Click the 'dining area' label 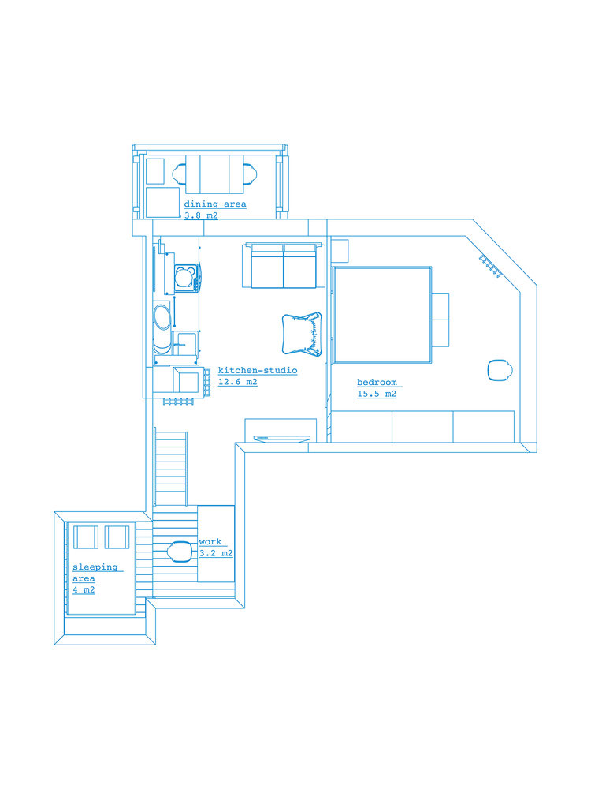click(x=215, y=204)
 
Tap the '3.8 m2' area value click(x=201, y=216)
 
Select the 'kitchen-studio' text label click(x=258, y=370)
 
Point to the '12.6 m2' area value click(x=238, y=382)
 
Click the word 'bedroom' click(x=377, y=383)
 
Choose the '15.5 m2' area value click(x=377, y=394)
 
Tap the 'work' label click(x=210, y=542)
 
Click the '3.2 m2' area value click(x=216, y=554)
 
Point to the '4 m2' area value click(x=84, y=589)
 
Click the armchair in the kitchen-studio click(x=302, y=334)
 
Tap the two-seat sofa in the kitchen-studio click(x=284, y=265)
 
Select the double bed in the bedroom click(x=382, y=315)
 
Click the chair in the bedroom click(x=500, y=370)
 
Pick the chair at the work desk click(x=180, y=552)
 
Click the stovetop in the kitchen click(x=184, y=277)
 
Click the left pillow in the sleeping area click(x=86, y=537)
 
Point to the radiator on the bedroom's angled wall click(x=491, y=266)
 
